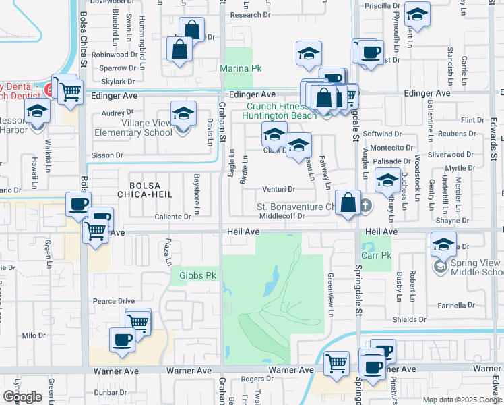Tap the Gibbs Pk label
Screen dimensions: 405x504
point(197,275)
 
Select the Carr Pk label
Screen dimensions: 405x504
point(381,256)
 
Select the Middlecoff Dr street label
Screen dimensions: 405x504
point(283,217)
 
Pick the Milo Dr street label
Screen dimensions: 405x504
point(33,335)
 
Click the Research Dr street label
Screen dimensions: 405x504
point(249,15)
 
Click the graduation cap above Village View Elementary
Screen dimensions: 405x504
point(183,113)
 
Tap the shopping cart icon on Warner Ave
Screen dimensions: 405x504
point(336,364)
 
